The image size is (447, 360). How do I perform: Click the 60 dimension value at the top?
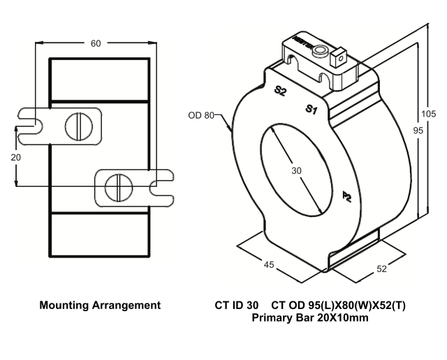click(x=96, y=43)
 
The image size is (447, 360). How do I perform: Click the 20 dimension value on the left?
click(x=15, y=158)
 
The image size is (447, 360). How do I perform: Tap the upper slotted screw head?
click(x=75, y=126)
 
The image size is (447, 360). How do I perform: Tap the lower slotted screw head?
click(x=116, y=187)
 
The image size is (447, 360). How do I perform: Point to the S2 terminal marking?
click(x=279, y=91)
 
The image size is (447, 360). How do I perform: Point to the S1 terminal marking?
click(x=312, y=109)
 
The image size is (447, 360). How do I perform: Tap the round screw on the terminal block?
click(x=321, y=52)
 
